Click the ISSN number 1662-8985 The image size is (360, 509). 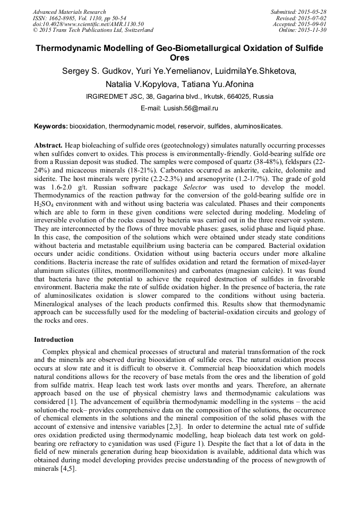(x=64, y=18)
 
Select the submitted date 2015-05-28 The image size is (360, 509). (x=313, y=12)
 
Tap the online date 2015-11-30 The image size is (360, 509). (x=313, y=30)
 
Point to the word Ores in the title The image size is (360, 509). (x=179, y=58)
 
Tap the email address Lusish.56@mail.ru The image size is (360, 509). (x=193, y=108)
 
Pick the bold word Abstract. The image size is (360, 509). (x=48, y=145)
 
